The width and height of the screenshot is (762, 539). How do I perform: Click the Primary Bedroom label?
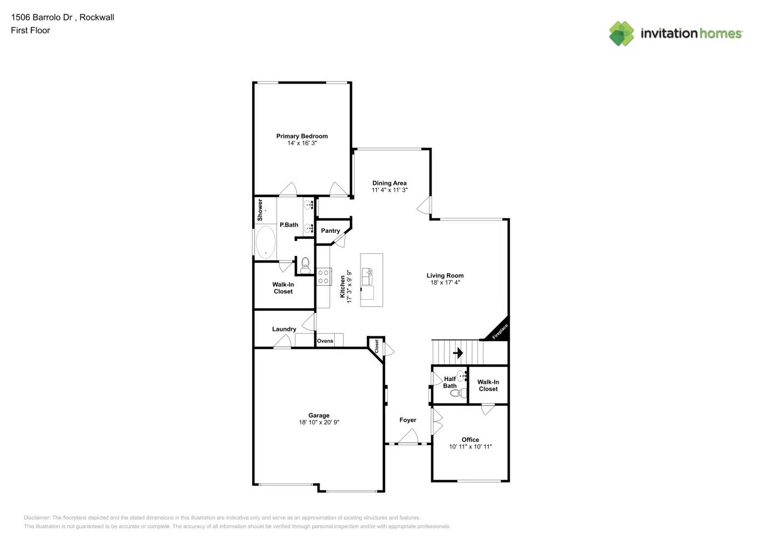(x=302, y=136)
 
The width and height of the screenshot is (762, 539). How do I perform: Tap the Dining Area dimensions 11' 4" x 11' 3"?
(x=389, y=190)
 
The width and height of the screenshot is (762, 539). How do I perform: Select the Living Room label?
(x=445, y=275)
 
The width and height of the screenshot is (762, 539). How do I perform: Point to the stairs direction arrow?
(x=458, y=353)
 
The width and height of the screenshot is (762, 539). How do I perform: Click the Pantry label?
(x=330, y=231)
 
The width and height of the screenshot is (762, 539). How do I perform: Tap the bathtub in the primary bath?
(x=265, y=242)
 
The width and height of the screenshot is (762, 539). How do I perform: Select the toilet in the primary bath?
(x=306, y=264)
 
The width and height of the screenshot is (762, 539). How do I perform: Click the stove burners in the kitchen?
(x=323, y=277)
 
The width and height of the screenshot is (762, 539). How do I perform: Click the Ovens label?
(x=325, y=341)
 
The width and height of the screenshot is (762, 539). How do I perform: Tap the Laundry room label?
(x=284, y=329)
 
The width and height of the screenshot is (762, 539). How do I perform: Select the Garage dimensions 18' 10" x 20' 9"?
(x=319, y=423)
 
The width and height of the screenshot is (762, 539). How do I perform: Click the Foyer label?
(x=408, y=420)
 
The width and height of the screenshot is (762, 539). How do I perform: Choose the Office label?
(x=470, y=440)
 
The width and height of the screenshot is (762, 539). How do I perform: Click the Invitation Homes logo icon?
(x=621, y=33)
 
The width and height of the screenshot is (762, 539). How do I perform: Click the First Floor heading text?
(x=30, y=30)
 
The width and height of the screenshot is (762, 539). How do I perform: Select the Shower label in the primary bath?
(x=260, y=210)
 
